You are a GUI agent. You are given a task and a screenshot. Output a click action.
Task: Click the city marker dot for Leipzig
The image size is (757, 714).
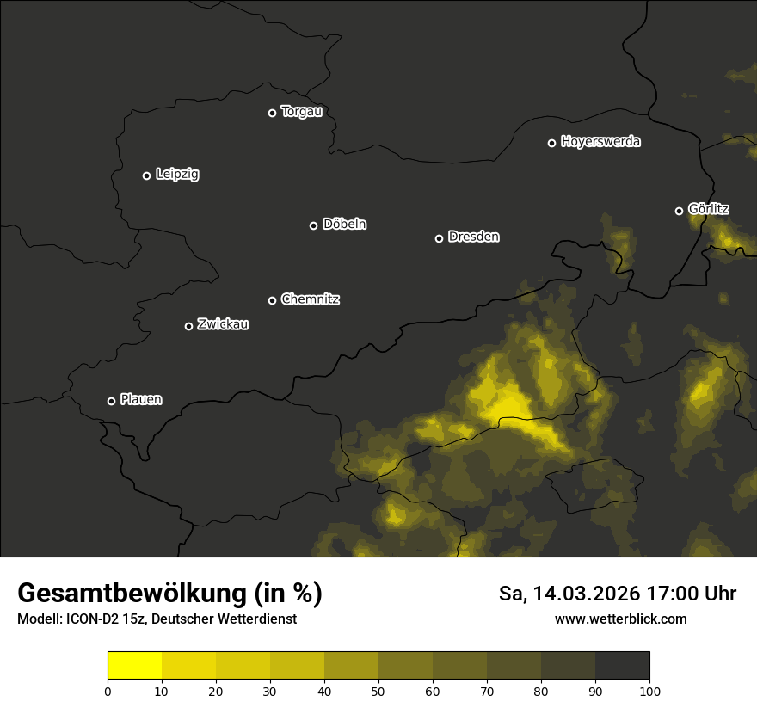[146, 175]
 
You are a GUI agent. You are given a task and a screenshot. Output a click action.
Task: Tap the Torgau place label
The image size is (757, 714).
[301, 112]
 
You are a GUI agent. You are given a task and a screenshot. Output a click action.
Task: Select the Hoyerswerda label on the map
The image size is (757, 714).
[600, 142]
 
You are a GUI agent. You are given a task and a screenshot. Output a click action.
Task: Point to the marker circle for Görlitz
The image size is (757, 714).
[679, 211]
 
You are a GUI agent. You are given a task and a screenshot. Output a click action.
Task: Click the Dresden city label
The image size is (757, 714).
[473, 237]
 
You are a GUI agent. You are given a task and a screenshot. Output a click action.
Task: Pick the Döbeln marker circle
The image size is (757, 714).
[313, 225]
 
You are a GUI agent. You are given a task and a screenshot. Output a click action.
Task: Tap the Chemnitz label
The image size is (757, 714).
[310, 299]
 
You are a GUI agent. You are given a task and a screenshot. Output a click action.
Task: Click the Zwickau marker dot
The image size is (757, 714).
[188, 326]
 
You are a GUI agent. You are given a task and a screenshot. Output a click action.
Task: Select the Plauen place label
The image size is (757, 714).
[141, 400]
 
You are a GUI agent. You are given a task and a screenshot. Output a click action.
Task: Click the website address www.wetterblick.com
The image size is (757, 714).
[620, 619]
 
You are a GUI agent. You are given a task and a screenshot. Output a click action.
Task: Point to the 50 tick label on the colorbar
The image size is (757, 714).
[378, 691]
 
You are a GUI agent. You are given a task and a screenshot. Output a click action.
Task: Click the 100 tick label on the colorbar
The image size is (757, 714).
[649, 691]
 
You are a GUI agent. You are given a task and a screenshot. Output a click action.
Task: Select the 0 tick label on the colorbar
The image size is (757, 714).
[108, 691]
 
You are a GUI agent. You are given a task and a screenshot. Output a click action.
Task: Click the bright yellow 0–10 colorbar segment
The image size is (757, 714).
[134, 665]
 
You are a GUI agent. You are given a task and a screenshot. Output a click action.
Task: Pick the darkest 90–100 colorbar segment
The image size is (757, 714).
[622, 665]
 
